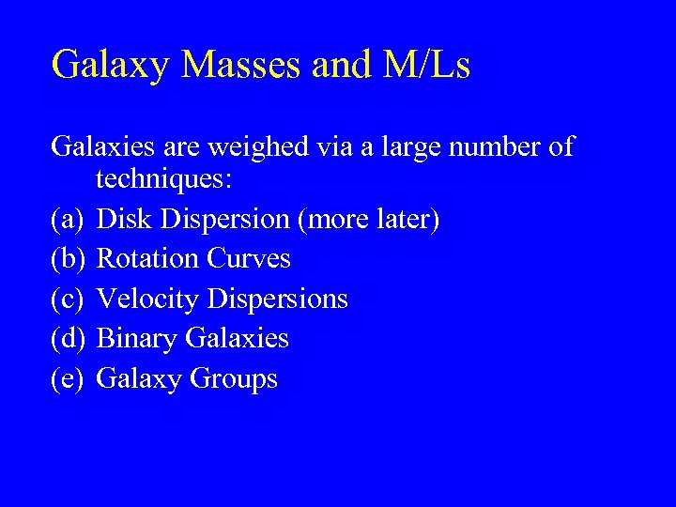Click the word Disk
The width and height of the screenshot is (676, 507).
[x=126, y=220]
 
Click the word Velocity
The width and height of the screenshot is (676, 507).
[x=148, y=300]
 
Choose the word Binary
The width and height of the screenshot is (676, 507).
[x=138, y=339]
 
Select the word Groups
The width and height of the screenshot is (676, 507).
[x=234, y=379]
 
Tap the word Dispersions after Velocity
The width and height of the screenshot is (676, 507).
[x=278, y=300]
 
